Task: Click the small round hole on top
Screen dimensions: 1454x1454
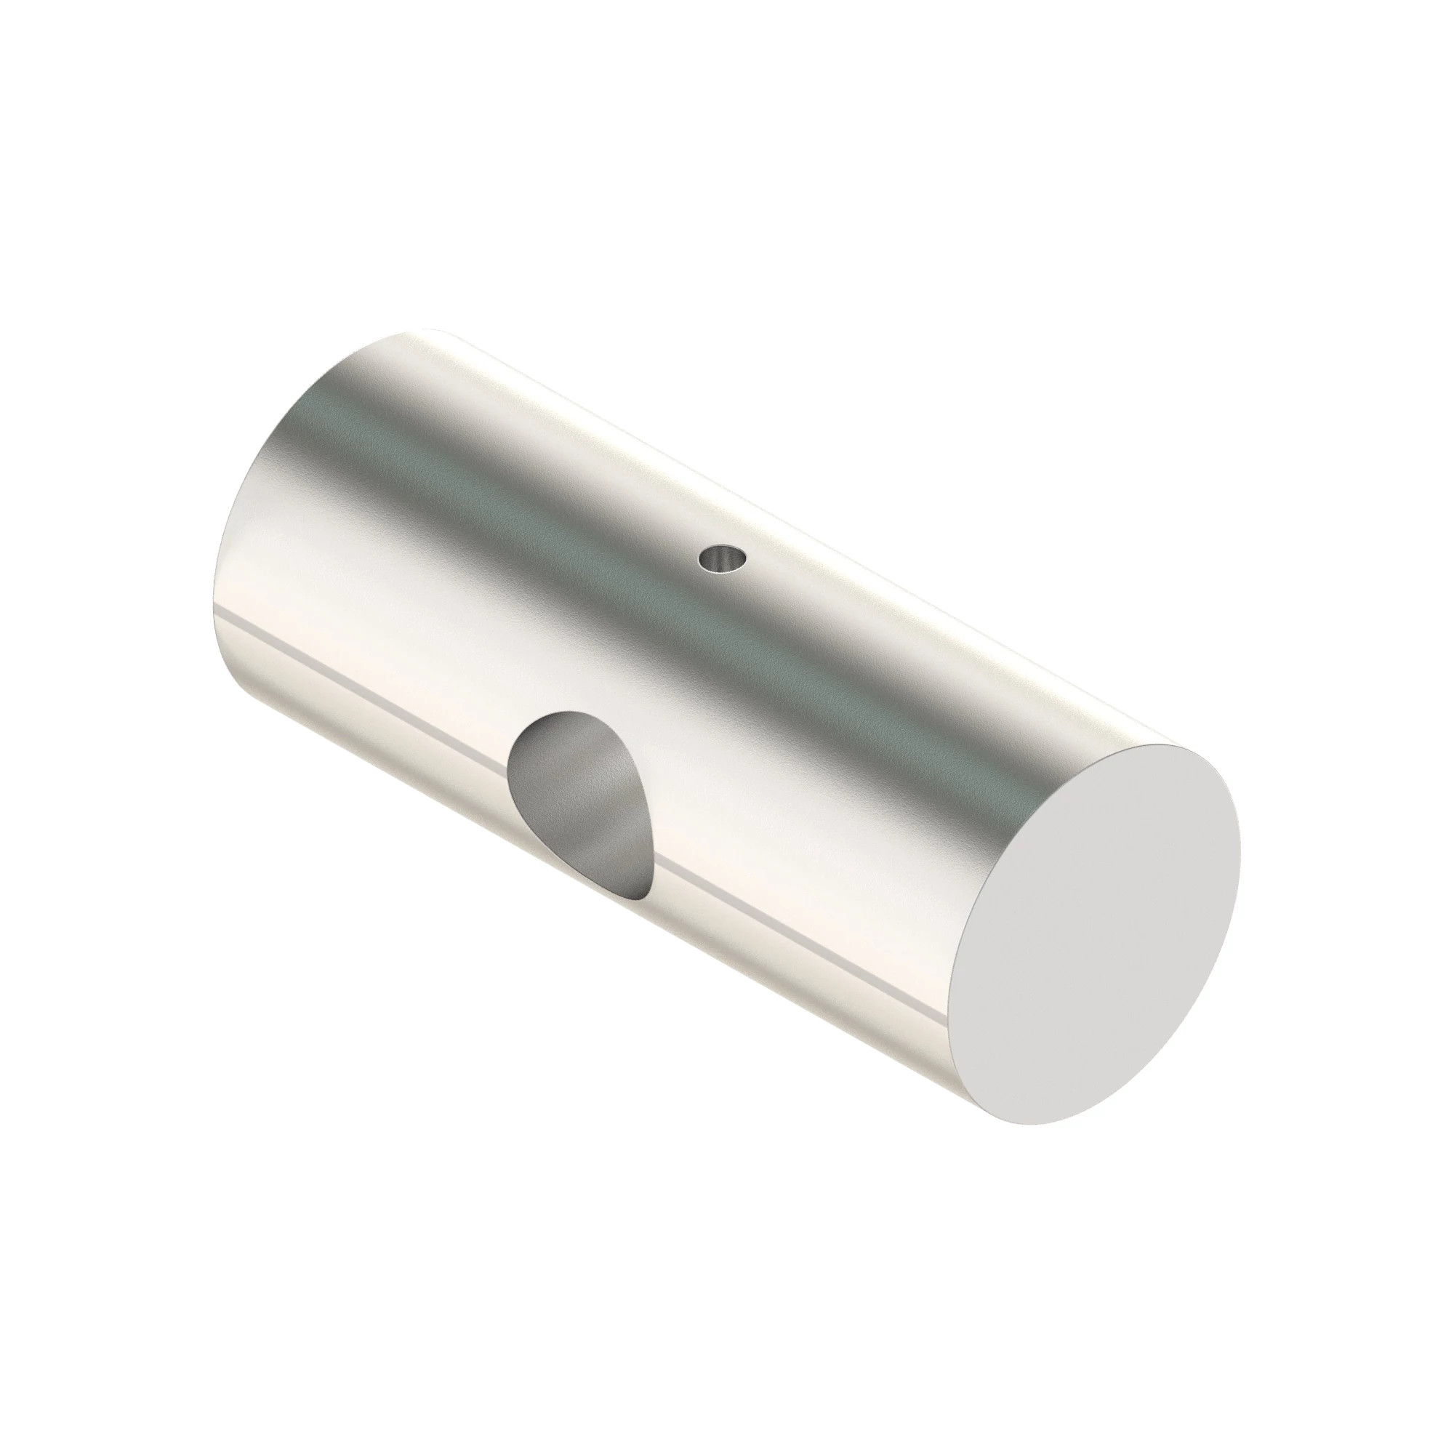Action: coord(723,558)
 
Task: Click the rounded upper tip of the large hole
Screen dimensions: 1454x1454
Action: coord(561,718)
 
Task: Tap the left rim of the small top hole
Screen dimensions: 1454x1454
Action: coord(701,559)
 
